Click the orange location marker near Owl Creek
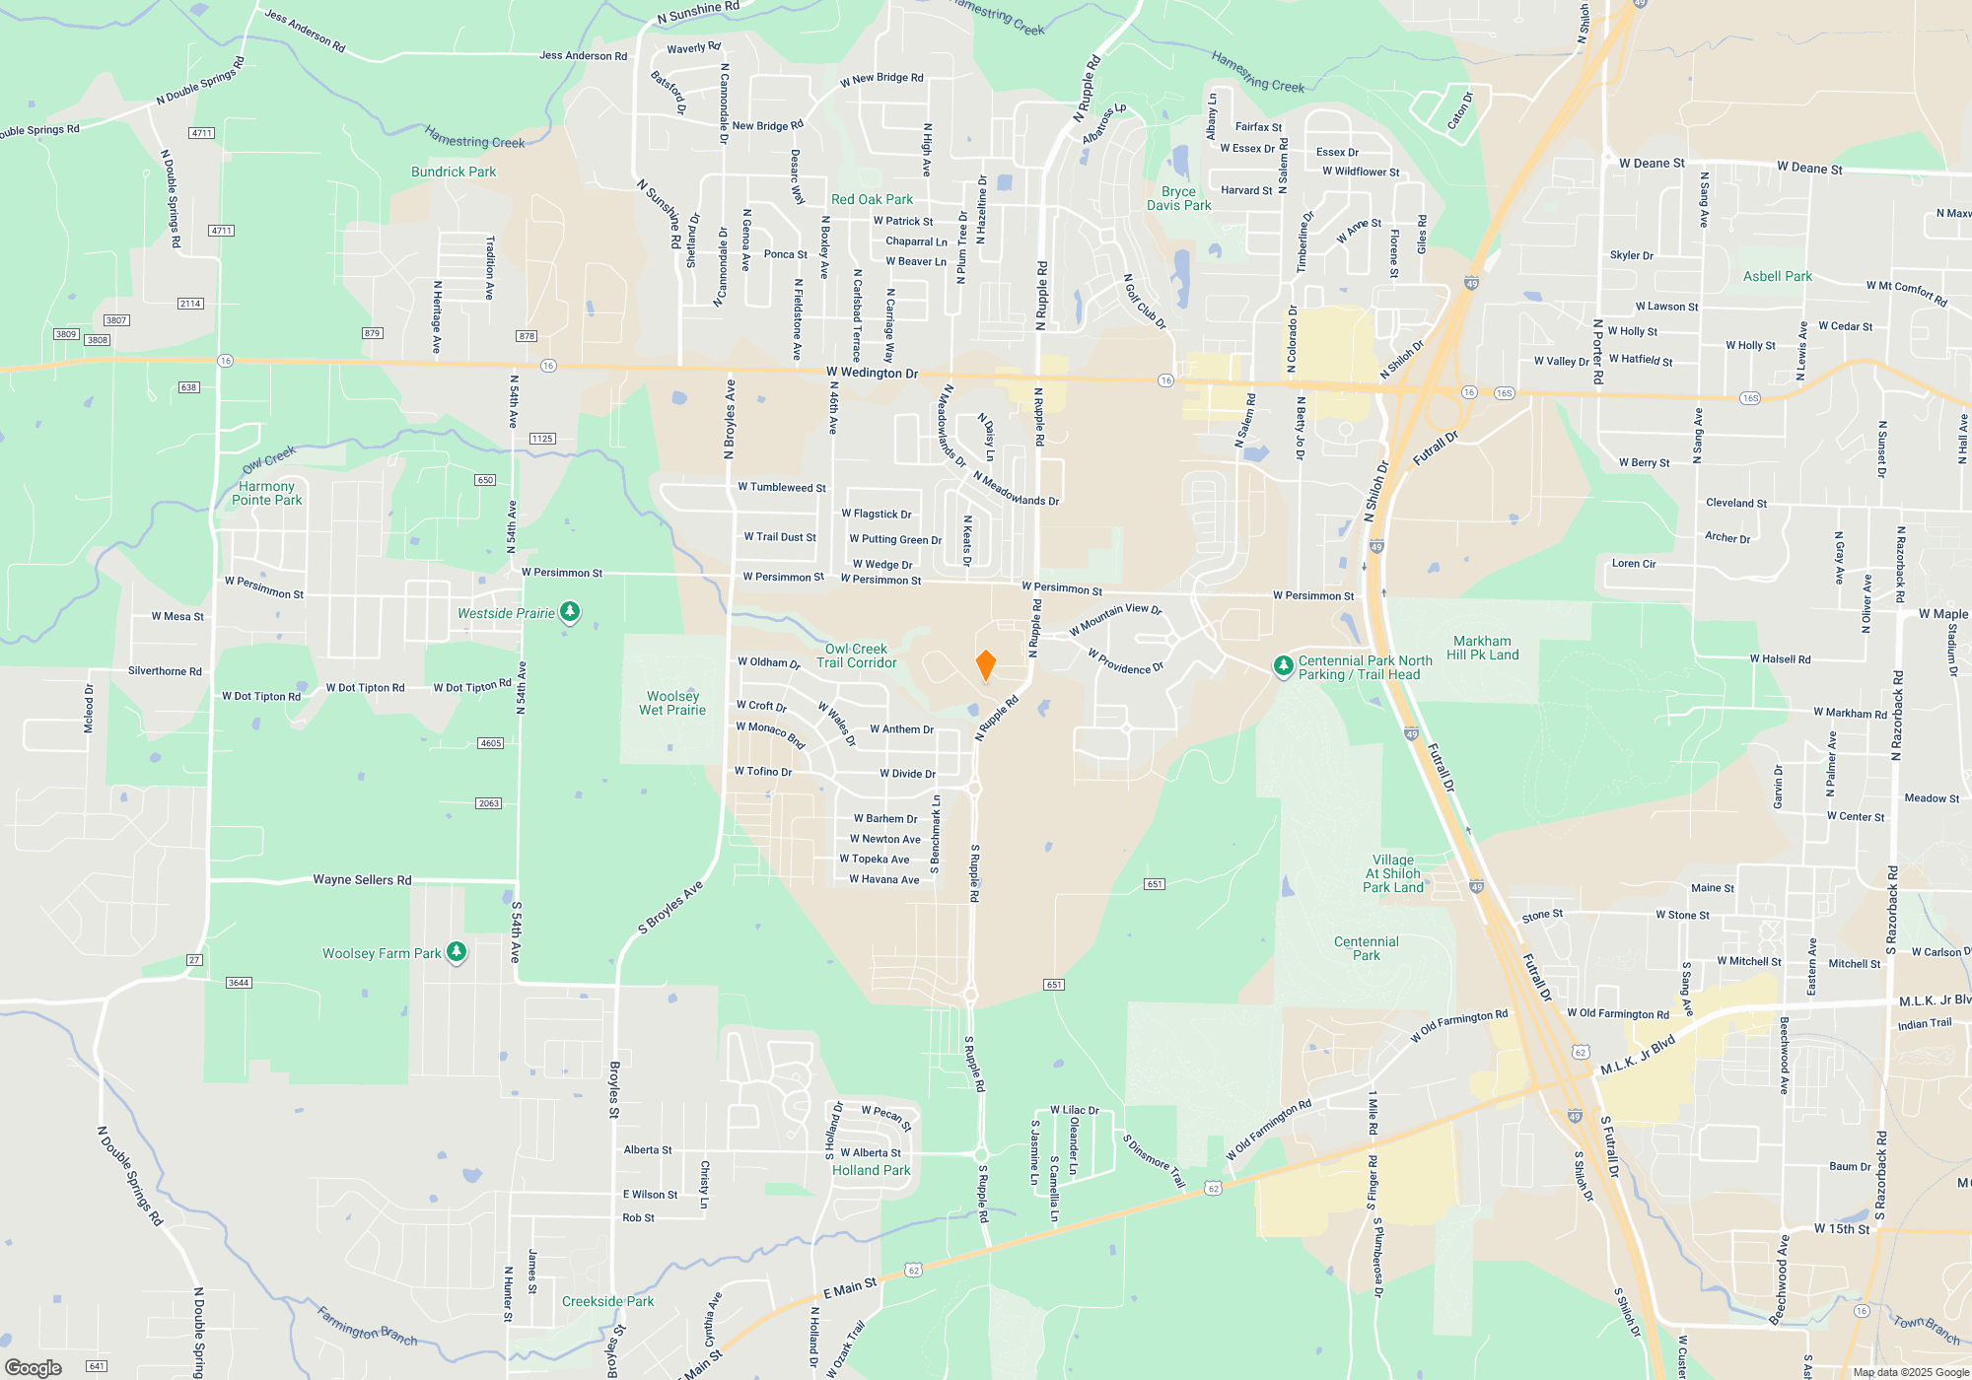click(x=985, y=665)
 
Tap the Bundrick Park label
click(x=454, y=172)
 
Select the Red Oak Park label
click(x=872, y=199)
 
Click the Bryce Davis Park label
click(x=1178, y=198)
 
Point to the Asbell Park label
click(x=1777, y=276)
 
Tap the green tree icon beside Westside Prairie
click(x=570, y=612)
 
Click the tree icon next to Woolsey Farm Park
click(x=456, y=952)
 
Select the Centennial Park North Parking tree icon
click(x=1283, y=666)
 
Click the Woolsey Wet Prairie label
click(x=672, y=703)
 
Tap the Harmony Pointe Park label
click(x=266, y=493)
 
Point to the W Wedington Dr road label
click(x=872, y=373)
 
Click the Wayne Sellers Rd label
click(x=362, y=879)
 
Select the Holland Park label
click(x=871, y=1170)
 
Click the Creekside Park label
click(x=607, y=1301)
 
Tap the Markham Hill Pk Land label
click(x=1482, y=648)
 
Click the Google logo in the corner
click(x=34, y=1367)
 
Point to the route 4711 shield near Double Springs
click(x=202, y=133)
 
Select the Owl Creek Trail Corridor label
click(x=856, y=655)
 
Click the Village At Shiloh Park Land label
click(x=1392, y=873)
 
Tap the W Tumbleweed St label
click(x=782, y=487)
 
